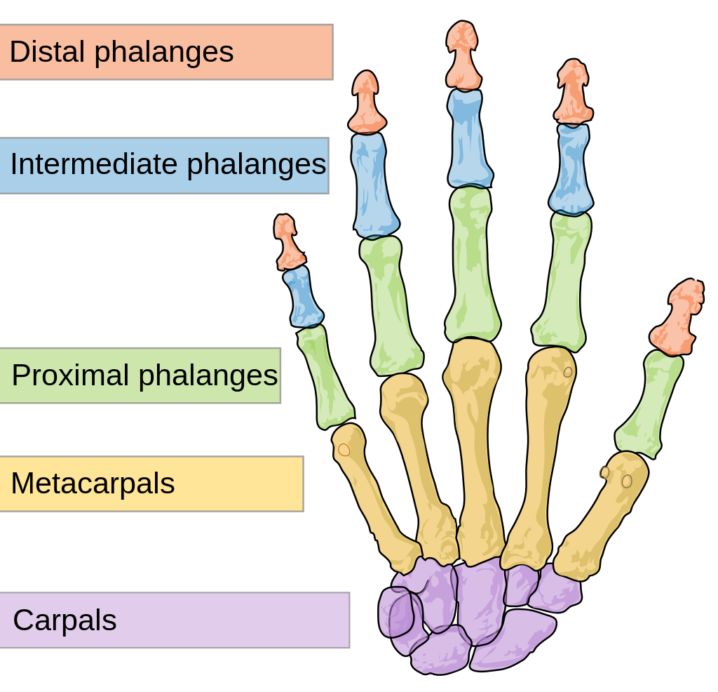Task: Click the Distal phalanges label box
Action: click(165, 52)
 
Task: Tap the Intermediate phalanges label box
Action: click(163, 165)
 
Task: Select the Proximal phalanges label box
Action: click(140, 375)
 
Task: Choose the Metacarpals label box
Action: click(151, 484)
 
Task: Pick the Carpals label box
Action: click(174, 620)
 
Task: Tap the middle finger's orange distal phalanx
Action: click(463, 56)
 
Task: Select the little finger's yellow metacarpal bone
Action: click(372, 491)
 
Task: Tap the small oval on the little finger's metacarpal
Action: click(344, 450)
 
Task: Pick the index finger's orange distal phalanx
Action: click(573, 95)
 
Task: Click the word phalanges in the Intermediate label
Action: click(256, 165)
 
